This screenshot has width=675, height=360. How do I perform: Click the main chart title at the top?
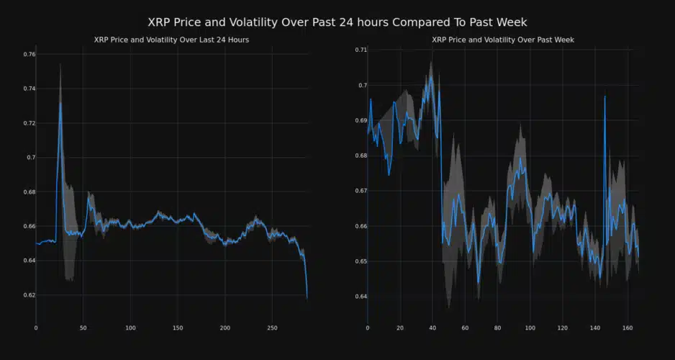click(x=337, y=22)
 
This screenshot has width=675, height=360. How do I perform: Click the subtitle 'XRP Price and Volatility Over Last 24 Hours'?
click(x=171, y=40)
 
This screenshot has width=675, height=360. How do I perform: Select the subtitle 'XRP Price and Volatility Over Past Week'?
click(x=503, y=40)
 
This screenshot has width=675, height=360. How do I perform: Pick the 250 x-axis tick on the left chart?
click(x=272, y=328)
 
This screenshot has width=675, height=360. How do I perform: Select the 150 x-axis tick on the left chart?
click(x=178, y=328)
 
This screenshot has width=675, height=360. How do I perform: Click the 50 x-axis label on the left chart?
click(x=83, y=328)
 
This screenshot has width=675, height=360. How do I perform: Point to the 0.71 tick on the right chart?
click(x=358, y=50)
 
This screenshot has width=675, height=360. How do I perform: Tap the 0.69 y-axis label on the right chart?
click(x=358, y=120)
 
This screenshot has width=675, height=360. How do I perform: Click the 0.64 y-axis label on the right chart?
click(x=358, y=296)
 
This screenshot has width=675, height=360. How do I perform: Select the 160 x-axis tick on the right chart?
click(x=627, y=328)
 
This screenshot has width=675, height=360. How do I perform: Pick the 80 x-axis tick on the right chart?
click(x=497, y=328)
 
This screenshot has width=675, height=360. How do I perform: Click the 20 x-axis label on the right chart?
click(x=400, y=328)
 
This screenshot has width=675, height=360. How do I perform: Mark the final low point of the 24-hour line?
click(x=307, y=297)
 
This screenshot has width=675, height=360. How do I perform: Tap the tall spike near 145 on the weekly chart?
click(x=604, y=96)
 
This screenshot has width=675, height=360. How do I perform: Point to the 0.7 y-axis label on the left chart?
click(x=28, y=157)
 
